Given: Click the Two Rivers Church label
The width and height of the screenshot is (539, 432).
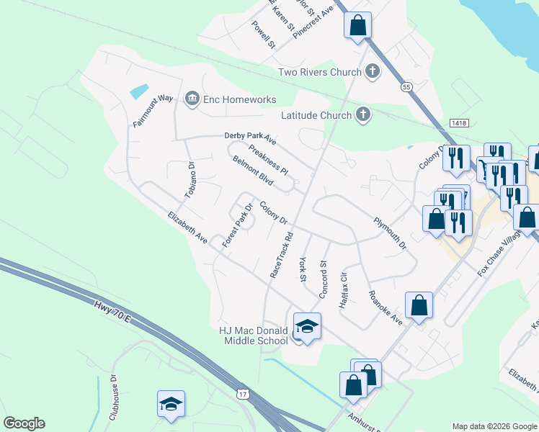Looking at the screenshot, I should [319, 72].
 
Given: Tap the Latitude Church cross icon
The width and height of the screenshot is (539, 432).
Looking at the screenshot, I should [363, 114].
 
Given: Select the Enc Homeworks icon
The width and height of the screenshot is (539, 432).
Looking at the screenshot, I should [192, 99].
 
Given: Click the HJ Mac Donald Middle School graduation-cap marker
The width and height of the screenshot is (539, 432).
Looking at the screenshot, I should [307, 328].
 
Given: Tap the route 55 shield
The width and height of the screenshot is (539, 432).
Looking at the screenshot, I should [408, 87].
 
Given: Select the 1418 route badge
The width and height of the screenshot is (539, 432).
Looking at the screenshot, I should [458, 123].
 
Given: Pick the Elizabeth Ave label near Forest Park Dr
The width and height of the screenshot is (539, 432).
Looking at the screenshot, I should [188, 227].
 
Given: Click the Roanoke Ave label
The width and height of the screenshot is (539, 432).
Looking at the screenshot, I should [385, 307].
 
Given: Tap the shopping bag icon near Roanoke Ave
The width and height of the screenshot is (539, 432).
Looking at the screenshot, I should [419, 306].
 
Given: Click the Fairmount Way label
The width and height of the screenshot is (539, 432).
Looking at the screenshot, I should [153, 111].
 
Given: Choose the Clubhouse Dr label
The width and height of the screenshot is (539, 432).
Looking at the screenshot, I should [113, 397].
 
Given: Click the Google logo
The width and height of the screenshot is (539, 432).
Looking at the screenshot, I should [24, 423].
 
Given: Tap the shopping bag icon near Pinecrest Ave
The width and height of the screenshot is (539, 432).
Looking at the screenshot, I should [358, 26].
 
